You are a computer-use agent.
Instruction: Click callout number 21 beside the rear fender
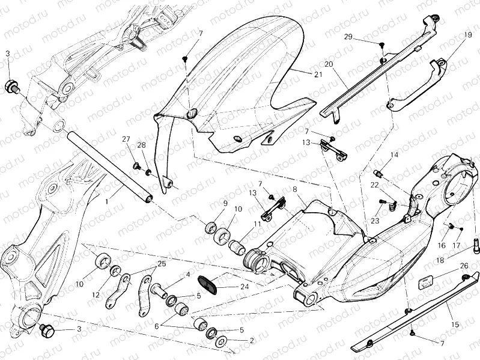318,73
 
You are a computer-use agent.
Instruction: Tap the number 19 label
468,35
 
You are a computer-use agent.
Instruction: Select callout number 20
328,64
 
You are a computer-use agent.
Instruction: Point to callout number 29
348,37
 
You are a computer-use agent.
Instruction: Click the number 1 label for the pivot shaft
106,203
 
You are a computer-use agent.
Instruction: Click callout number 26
464,265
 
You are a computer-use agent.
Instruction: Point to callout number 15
455,325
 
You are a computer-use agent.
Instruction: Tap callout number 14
394,155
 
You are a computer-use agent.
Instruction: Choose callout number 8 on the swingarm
295,190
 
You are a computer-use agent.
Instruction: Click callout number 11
257,224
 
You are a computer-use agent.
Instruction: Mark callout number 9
225,203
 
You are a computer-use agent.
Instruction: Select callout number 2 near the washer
251,340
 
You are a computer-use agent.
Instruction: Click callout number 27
126,139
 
